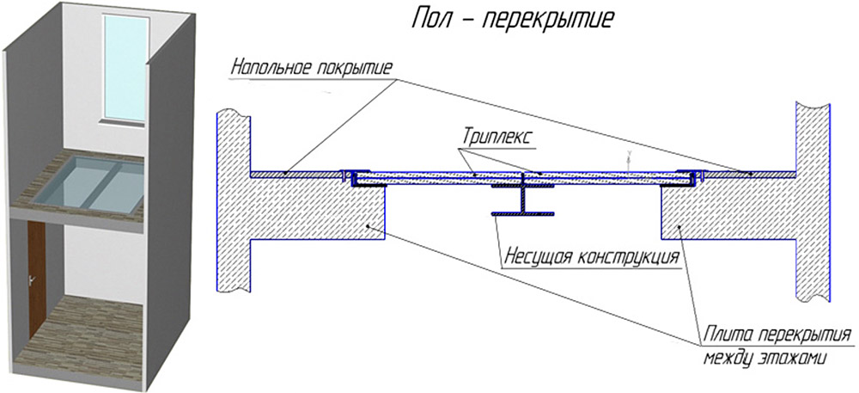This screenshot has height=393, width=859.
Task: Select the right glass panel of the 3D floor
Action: [117, 188]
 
